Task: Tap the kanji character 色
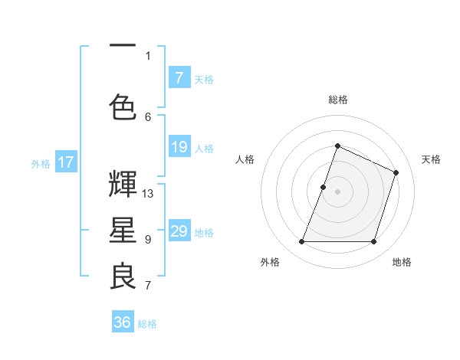pos(123,107)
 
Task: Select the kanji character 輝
pos(123,184)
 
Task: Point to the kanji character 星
pos(123,231)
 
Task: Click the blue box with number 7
pos(179,78)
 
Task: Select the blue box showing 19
pos(179,148)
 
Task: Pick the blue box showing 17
pos(66,162)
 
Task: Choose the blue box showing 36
pos(123,323)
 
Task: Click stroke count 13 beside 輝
pos(148,193)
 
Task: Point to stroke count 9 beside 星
pos(148,240)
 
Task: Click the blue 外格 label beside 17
pos(41,163)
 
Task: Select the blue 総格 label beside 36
pos(147,324)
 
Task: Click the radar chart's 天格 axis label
pos(431,159)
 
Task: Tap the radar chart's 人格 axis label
pos(245,159)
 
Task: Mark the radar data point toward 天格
pos(396,172)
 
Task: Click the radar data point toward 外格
pos(301,242)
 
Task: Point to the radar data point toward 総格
pos(337,146)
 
